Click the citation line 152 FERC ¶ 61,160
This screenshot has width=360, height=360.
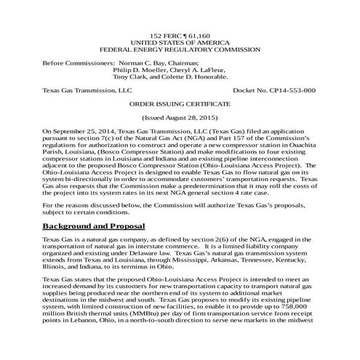180,35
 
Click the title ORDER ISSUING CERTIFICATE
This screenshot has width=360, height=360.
180,103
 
